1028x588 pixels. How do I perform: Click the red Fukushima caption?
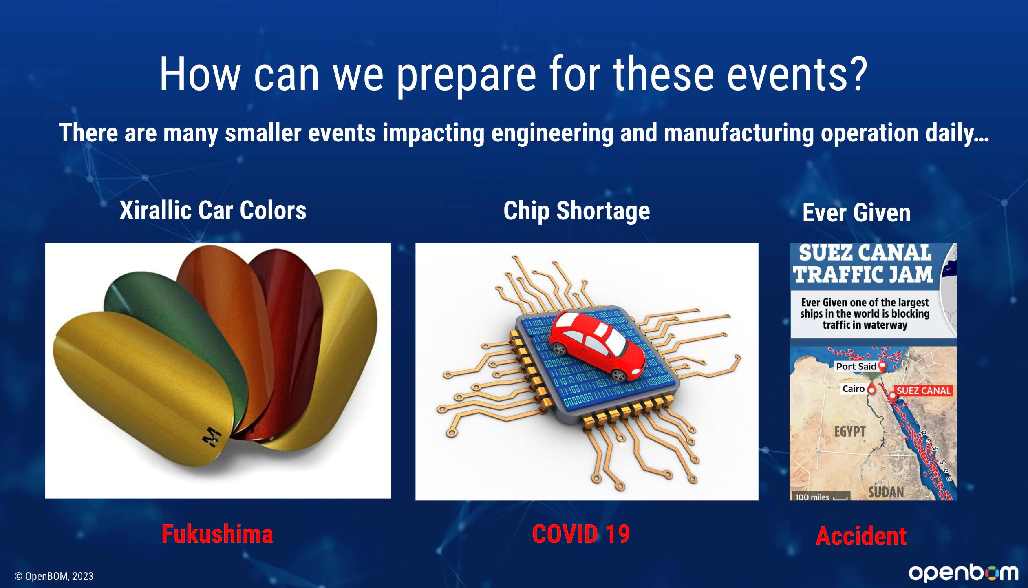coord(217,534)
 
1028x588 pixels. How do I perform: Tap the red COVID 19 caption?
coord(581,534)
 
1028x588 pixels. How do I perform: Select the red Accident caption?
coord(861,536)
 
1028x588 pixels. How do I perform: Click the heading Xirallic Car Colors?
coord(213,210)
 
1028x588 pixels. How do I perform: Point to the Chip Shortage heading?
coord(576,211)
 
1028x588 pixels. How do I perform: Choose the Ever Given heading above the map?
coord(856,212)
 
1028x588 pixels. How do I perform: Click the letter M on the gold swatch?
coord(212,438)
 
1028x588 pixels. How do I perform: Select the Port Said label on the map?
coord(856,366)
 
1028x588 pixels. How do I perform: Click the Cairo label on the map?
coord(854,389)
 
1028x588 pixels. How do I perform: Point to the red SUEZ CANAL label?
coord(923,391)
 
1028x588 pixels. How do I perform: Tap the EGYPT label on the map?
coord(850,431)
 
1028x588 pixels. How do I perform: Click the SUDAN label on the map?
coord(886,492)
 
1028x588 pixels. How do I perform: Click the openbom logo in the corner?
coord(963,573)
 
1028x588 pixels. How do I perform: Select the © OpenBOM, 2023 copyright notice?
coord(54,576)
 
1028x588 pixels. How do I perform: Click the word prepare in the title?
coord(466,75)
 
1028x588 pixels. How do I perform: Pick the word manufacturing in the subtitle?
coord(739,133)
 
